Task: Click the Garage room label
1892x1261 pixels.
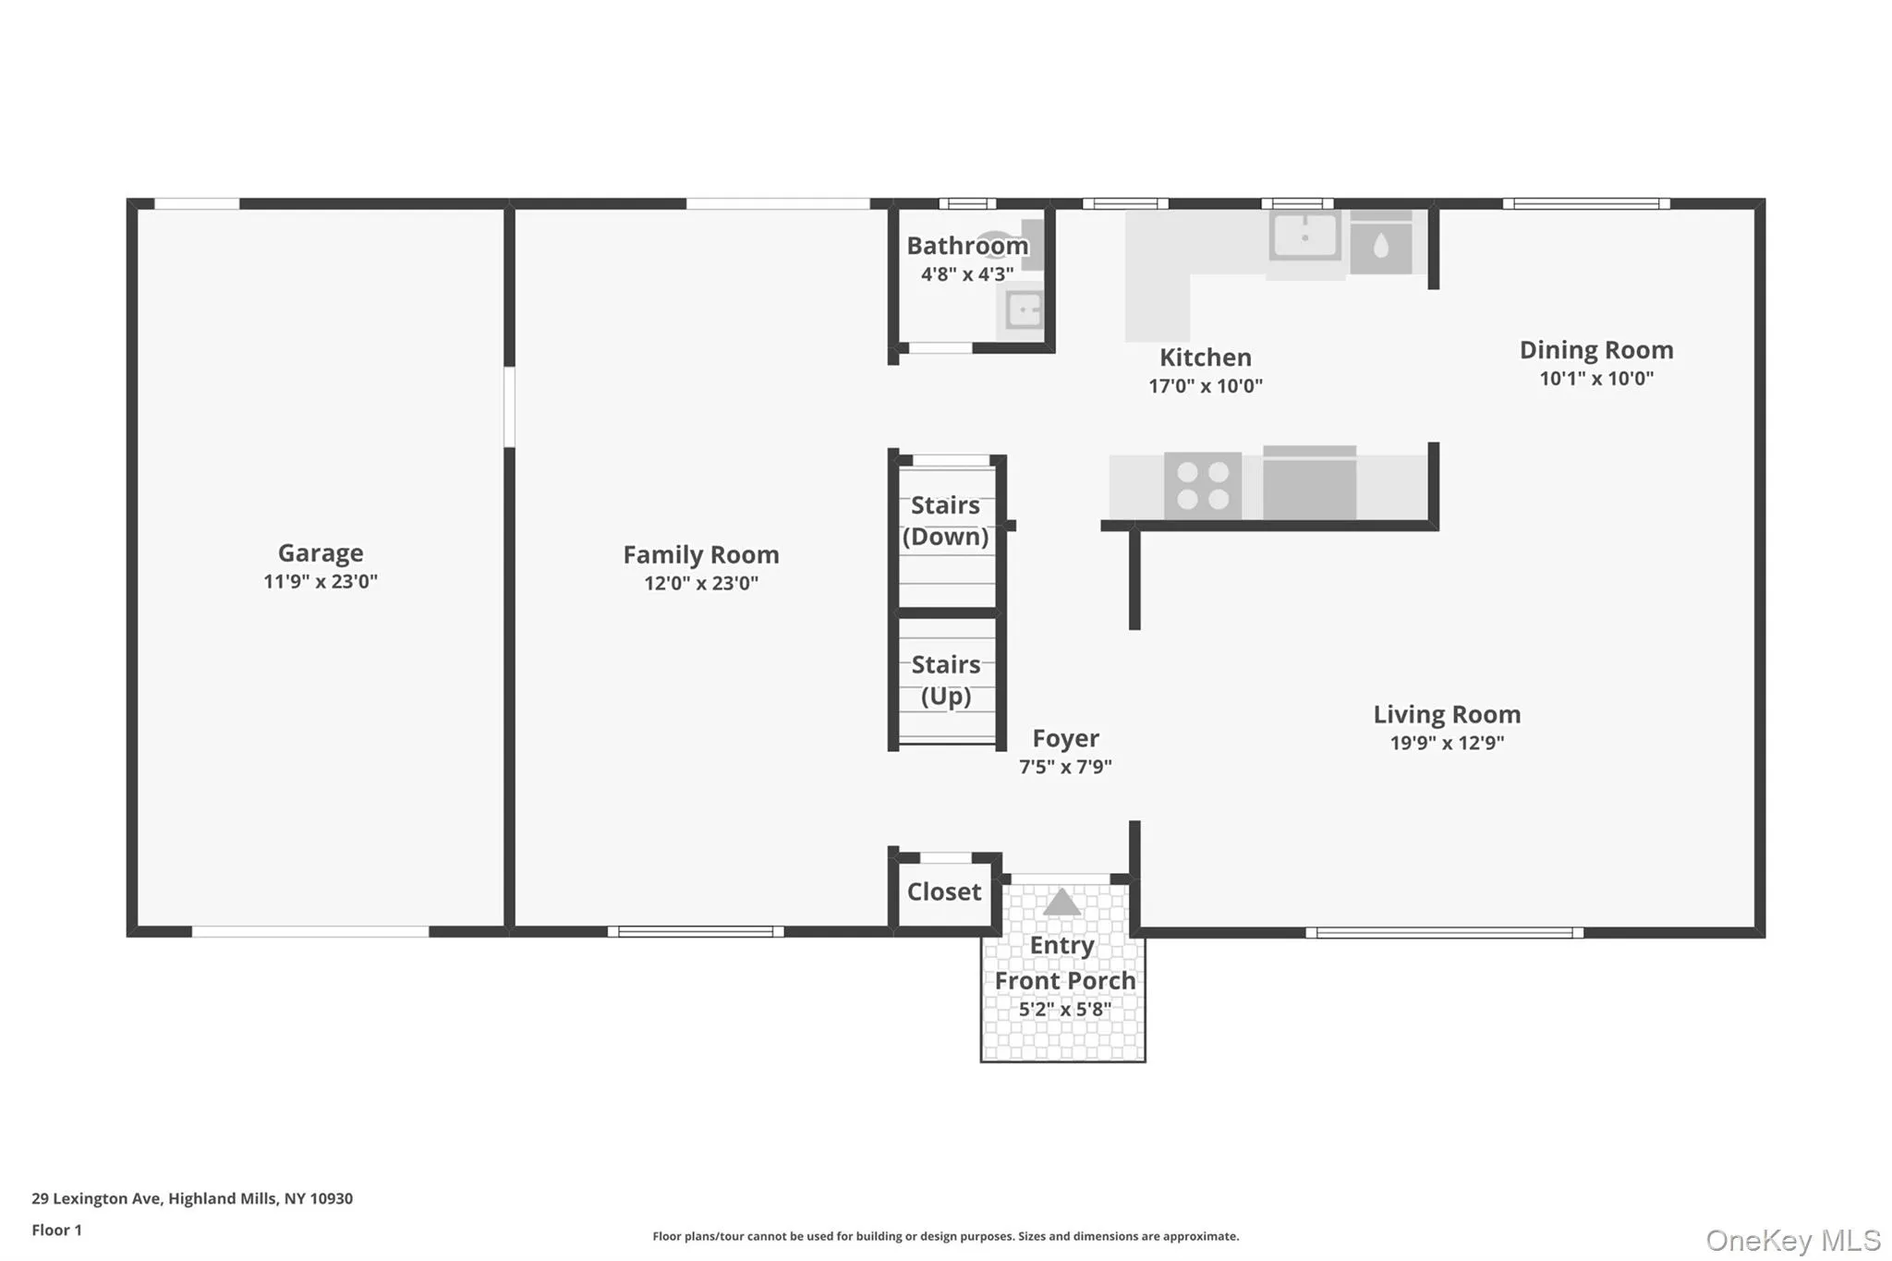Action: (x=321, y=552)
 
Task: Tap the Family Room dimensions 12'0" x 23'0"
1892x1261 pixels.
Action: (x=701, y=583)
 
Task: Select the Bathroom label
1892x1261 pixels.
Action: (x=967, y=246)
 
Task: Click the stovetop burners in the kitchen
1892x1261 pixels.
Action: (x=1203, y=486)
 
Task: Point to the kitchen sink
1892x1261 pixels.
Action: (x=1305, y=236)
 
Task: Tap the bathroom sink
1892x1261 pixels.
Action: (x=1023, y=309)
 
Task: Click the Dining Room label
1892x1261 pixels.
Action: (x=1596, y=350)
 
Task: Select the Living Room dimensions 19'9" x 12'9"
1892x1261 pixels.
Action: (x=1447, y=743)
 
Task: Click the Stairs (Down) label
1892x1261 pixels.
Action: (x=946, y=521)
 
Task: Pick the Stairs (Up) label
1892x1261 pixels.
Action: (x=946, y=680)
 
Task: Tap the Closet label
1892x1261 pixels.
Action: (x=944, y=891)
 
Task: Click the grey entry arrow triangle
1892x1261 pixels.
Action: (x=1061, y=903)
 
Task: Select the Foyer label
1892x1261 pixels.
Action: (x=1065, y=738)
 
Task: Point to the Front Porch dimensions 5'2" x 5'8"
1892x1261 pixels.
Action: (x=1064, y=1010)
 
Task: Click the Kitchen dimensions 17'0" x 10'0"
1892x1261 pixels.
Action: (x=1206, y=386)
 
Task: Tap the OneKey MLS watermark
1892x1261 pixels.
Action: (x=1793, y=1240)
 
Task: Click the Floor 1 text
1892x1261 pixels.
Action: (x=57, y=1230)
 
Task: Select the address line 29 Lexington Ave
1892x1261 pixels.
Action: (x=192, y=1198)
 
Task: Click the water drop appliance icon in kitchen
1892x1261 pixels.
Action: (x=1381, y=246)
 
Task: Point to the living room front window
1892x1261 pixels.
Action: (x=1445, y=933)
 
